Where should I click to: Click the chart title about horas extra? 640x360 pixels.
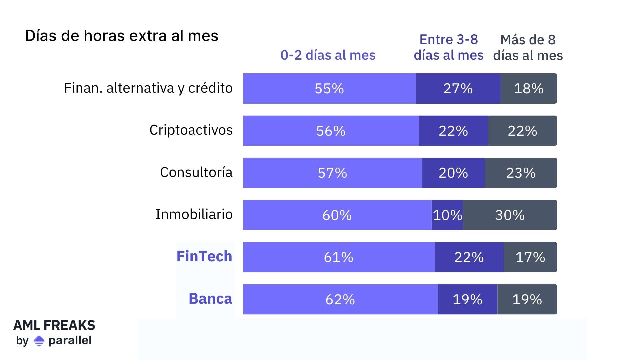(x=121, y=36)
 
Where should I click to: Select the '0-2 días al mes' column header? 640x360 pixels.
(x=328, y=55)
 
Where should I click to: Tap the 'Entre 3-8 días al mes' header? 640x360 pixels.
(x=448, y=47)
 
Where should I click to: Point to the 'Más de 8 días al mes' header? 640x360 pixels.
(x=528, y=48)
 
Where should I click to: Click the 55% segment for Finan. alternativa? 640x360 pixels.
(x=329, y=89)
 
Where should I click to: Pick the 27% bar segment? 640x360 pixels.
(x=458, y=89)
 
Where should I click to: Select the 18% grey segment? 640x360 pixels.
(x=528, y=89)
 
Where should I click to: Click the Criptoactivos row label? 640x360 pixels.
(x=191, y=130)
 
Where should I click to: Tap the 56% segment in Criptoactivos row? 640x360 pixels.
(x=331, y=131)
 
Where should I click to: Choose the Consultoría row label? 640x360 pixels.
(x=196, y=172)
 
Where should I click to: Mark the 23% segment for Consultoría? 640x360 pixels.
(x=521, y=173)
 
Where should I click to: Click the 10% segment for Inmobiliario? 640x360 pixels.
(x=447, y=215)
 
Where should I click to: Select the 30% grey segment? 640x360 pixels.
(x=510, y=215)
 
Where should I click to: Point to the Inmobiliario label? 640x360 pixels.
(x=194, y=214)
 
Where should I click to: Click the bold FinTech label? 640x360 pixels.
(x=204, y=256)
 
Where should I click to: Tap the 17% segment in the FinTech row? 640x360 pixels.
(x=530, y=257)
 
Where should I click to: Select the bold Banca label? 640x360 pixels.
(x=210, y=299)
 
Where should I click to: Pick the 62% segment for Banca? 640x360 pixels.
(x=340, y=299)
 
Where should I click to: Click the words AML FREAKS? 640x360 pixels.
(x=54, y=325)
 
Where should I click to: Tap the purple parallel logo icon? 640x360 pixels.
(x=39, y=341)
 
